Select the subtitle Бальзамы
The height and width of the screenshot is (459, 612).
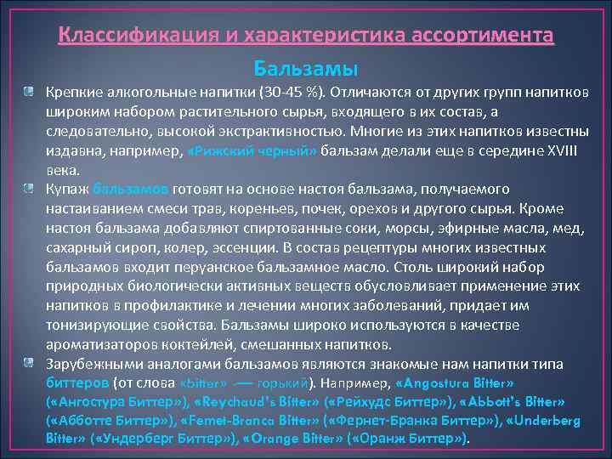[x=305, y=66]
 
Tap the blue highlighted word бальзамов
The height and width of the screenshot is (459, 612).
[x=131, y=188]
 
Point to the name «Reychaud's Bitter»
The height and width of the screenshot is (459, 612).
[x=255, y=401]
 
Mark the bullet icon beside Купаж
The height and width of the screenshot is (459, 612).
[x=29, y=187]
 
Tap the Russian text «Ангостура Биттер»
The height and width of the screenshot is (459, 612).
[x=114, y=401]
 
